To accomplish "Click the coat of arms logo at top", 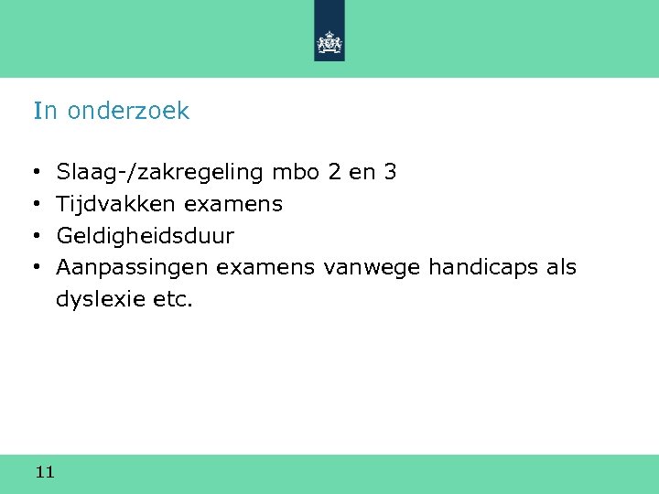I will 329,42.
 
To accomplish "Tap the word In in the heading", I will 45,112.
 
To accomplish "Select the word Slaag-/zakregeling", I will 160,172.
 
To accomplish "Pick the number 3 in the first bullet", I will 390,171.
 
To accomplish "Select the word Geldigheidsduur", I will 145,237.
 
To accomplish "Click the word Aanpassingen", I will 133,269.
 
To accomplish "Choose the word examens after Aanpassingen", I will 265,269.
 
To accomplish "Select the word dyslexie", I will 99,300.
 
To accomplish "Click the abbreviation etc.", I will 171,300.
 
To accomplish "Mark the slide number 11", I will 45,472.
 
